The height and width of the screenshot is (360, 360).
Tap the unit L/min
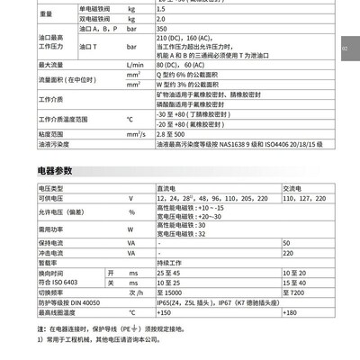coord(136,66)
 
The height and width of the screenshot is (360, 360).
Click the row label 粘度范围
coord(29,133)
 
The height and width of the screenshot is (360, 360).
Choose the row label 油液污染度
coord(31,143)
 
